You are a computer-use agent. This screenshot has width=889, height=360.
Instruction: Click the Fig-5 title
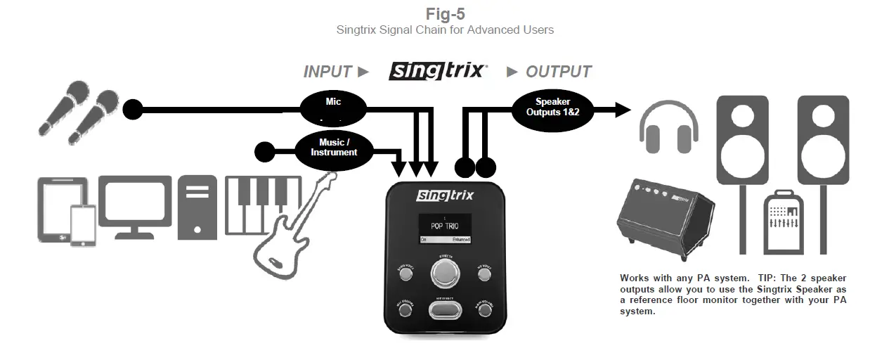pos(446,13)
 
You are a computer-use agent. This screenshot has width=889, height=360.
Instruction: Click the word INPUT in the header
pos(327,72)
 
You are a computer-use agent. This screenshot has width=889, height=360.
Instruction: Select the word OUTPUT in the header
pos(559,72)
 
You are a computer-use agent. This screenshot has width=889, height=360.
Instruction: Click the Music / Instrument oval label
pos(334,148)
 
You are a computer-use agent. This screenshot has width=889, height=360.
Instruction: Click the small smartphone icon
pos(82,226)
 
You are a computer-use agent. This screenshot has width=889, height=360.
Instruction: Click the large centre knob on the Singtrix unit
pos(445,275)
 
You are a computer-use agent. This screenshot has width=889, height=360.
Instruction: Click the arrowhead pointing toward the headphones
pos(622,109)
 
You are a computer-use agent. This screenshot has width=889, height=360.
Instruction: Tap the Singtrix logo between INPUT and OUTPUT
pos(438,71)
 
